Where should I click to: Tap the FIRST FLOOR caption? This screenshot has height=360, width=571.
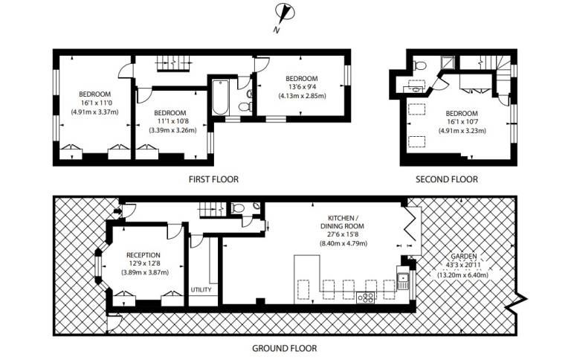pyautogui.click(x=213, y=179)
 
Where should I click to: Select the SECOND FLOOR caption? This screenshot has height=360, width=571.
pyautogui.click(x=446, y=179)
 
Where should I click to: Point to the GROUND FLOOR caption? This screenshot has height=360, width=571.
pyautogui.click(x=285, y=348)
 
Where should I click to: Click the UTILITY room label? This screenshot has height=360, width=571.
pyautogui.click(x=201, y=289)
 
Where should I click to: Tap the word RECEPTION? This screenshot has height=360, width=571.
pyautogui.click(x=143, y=255)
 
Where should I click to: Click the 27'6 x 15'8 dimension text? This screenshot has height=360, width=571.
pyautogui.click(x=342, y=234)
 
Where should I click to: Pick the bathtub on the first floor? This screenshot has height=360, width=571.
pyautogui.click(x=220, y=97)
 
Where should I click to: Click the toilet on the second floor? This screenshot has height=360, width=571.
pyautogui.click(x=420, y=65)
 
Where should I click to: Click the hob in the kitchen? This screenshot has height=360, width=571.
pyautogui.click(x=366, y=298)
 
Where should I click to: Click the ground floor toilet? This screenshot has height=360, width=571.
pyautogui.click(x=238, y=208)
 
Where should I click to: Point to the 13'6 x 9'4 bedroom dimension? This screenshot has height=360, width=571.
pyautogui.click(x=302, y=87)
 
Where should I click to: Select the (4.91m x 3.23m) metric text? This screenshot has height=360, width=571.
pyautogui.click(x=462, y=130)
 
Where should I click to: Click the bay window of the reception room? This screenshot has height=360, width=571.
pyautogui.click(x=100, y=266)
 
